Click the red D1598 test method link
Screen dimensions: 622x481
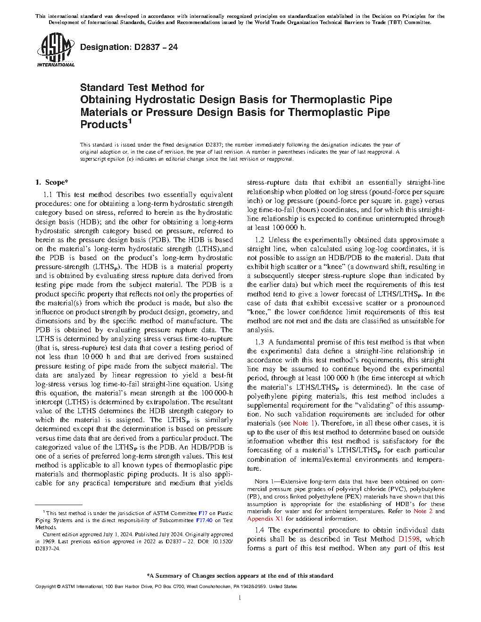click(409, 539)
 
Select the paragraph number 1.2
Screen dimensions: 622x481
click(259, 240)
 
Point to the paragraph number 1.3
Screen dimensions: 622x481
click(259, 342)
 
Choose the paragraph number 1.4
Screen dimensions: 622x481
click(259, 530)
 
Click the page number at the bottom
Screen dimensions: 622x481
click(240, 598)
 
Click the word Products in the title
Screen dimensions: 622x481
click(104, 125)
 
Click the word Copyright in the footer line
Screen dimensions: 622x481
click(45, 587)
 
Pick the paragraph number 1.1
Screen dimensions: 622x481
click(48, 195)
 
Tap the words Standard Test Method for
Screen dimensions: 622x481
click(142, 88)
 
